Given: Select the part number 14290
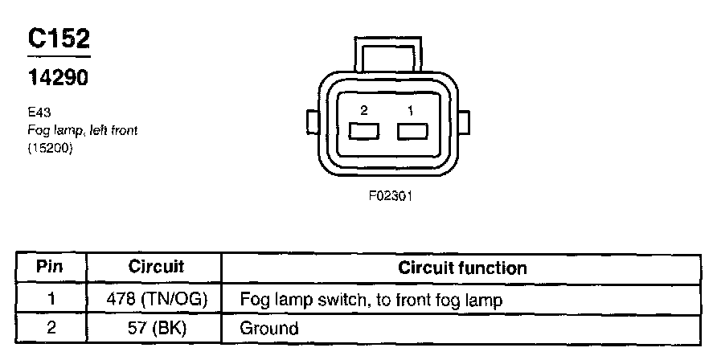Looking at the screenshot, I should [x=58, y=79].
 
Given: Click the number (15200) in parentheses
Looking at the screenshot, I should [x=50, y=148].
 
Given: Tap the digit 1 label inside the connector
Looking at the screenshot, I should [x=410, y=109].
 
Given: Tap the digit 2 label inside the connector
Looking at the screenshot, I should [x=364, y=109].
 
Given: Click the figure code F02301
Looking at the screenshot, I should [x=391, y=195].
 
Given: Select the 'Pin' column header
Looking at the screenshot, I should [x=51, y=268].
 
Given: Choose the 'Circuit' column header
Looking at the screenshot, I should [x=156, y=268].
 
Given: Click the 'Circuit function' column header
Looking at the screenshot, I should [x=462, y=268].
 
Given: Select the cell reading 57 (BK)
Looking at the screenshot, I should [x=156, y=327].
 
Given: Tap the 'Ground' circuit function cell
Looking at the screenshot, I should [x=269, y=328].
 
